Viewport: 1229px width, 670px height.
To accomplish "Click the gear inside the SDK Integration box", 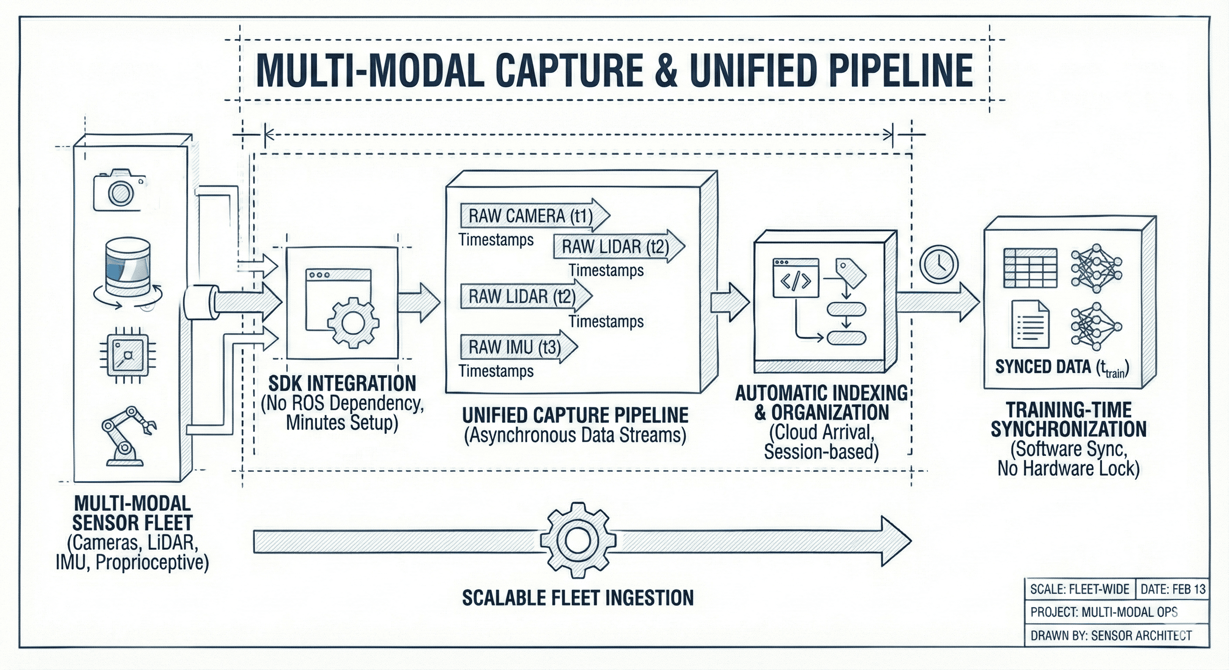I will [x=353, y=322].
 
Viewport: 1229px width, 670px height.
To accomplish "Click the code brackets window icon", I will [x=795, y=279].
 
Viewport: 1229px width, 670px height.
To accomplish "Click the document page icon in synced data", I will [x=1030, y=324].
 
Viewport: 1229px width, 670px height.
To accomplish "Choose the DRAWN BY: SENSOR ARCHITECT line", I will [x=1111, y=636].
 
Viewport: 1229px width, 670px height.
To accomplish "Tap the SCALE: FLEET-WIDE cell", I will [x=1079, y=589].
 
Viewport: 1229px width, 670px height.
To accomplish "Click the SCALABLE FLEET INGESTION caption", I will [x=578, y=598].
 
